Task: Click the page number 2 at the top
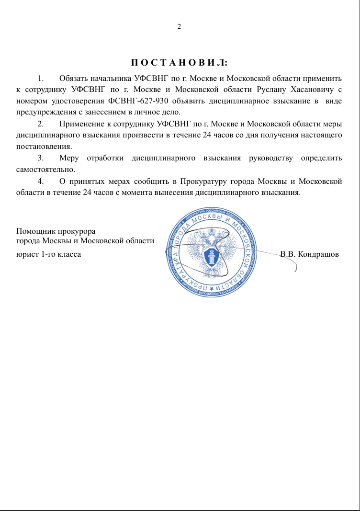click(179, 26)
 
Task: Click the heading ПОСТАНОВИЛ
click(180, 63)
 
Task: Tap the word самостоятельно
click(45, 170)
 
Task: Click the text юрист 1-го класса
click(48, 254)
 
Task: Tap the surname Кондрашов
click(318, 254)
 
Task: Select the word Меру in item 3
click(69, 158)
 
